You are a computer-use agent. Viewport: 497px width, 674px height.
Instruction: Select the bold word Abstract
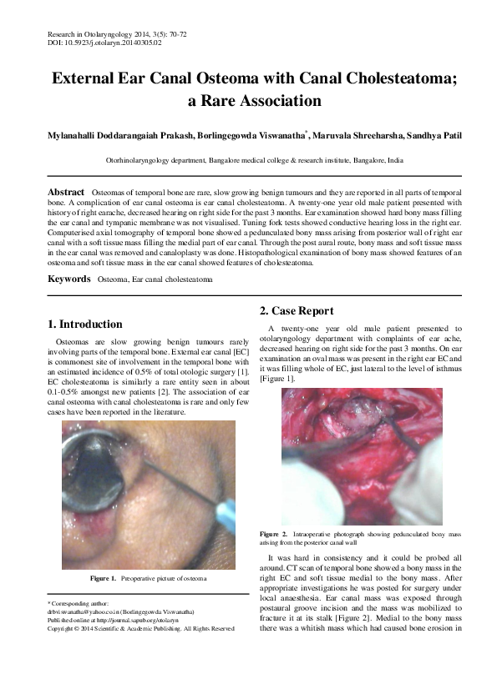66,192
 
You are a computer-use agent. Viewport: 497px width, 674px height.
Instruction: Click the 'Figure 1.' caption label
103,578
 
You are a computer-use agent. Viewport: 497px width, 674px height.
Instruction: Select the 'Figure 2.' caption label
274,533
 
